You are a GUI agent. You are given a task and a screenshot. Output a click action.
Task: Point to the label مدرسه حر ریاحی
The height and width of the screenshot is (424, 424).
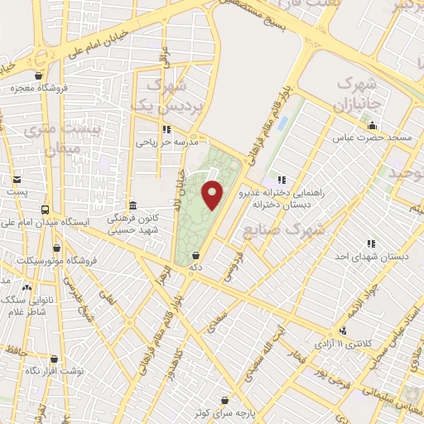(166, 142)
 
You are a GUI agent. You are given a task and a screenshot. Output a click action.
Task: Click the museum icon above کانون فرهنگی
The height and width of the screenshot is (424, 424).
(132, 205)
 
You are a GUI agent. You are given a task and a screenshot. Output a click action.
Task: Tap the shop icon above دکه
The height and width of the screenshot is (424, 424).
(195, 256)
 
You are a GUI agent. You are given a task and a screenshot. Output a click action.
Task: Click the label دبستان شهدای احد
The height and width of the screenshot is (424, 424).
(380, 258)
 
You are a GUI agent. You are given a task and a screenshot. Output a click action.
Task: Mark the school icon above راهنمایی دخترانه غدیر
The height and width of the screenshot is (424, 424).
(281, 178)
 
